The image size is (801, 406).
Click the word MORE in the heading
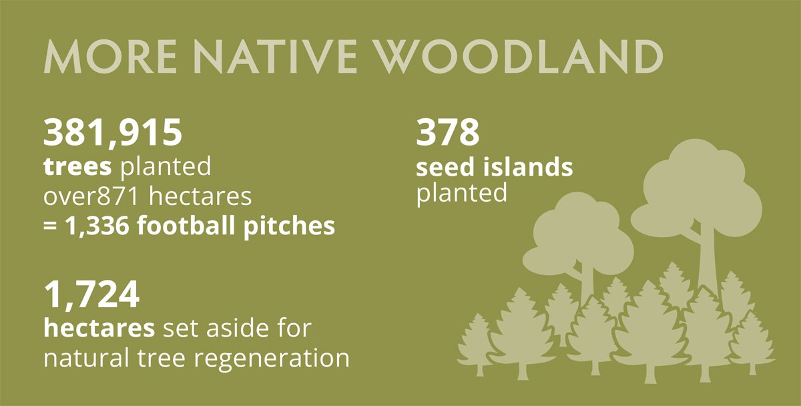tap(110, 57)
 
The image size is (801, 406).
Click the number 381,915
tap(113, 132)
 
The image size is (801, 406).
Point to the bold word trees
tap(77, 166)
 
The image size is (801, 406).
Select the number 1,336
tap(97, 226)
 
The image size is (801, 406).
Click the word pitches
tap(289, 227)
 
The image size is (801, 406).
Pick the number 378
tap(447, 132)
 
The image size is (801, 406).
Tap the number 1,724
tap(91, 294)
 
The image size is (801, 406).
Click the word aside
tap(236, 328)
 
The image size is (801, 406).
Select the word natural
tap(86, 357)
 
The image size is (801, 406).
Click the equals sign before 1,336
tap(50, 226)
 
